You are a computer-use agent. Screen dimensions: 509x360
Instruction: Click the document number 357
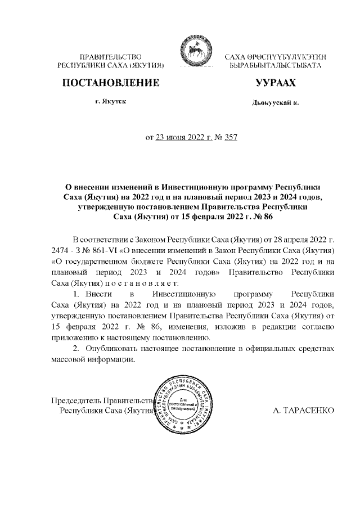pos(230,136)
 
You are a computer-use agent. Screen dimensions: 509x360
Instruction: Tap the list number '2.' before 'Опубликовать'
pos(78,349)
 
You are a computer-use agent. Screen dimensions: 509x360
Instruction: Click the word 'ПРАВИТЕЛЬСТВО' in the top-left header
pos(110,57)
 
